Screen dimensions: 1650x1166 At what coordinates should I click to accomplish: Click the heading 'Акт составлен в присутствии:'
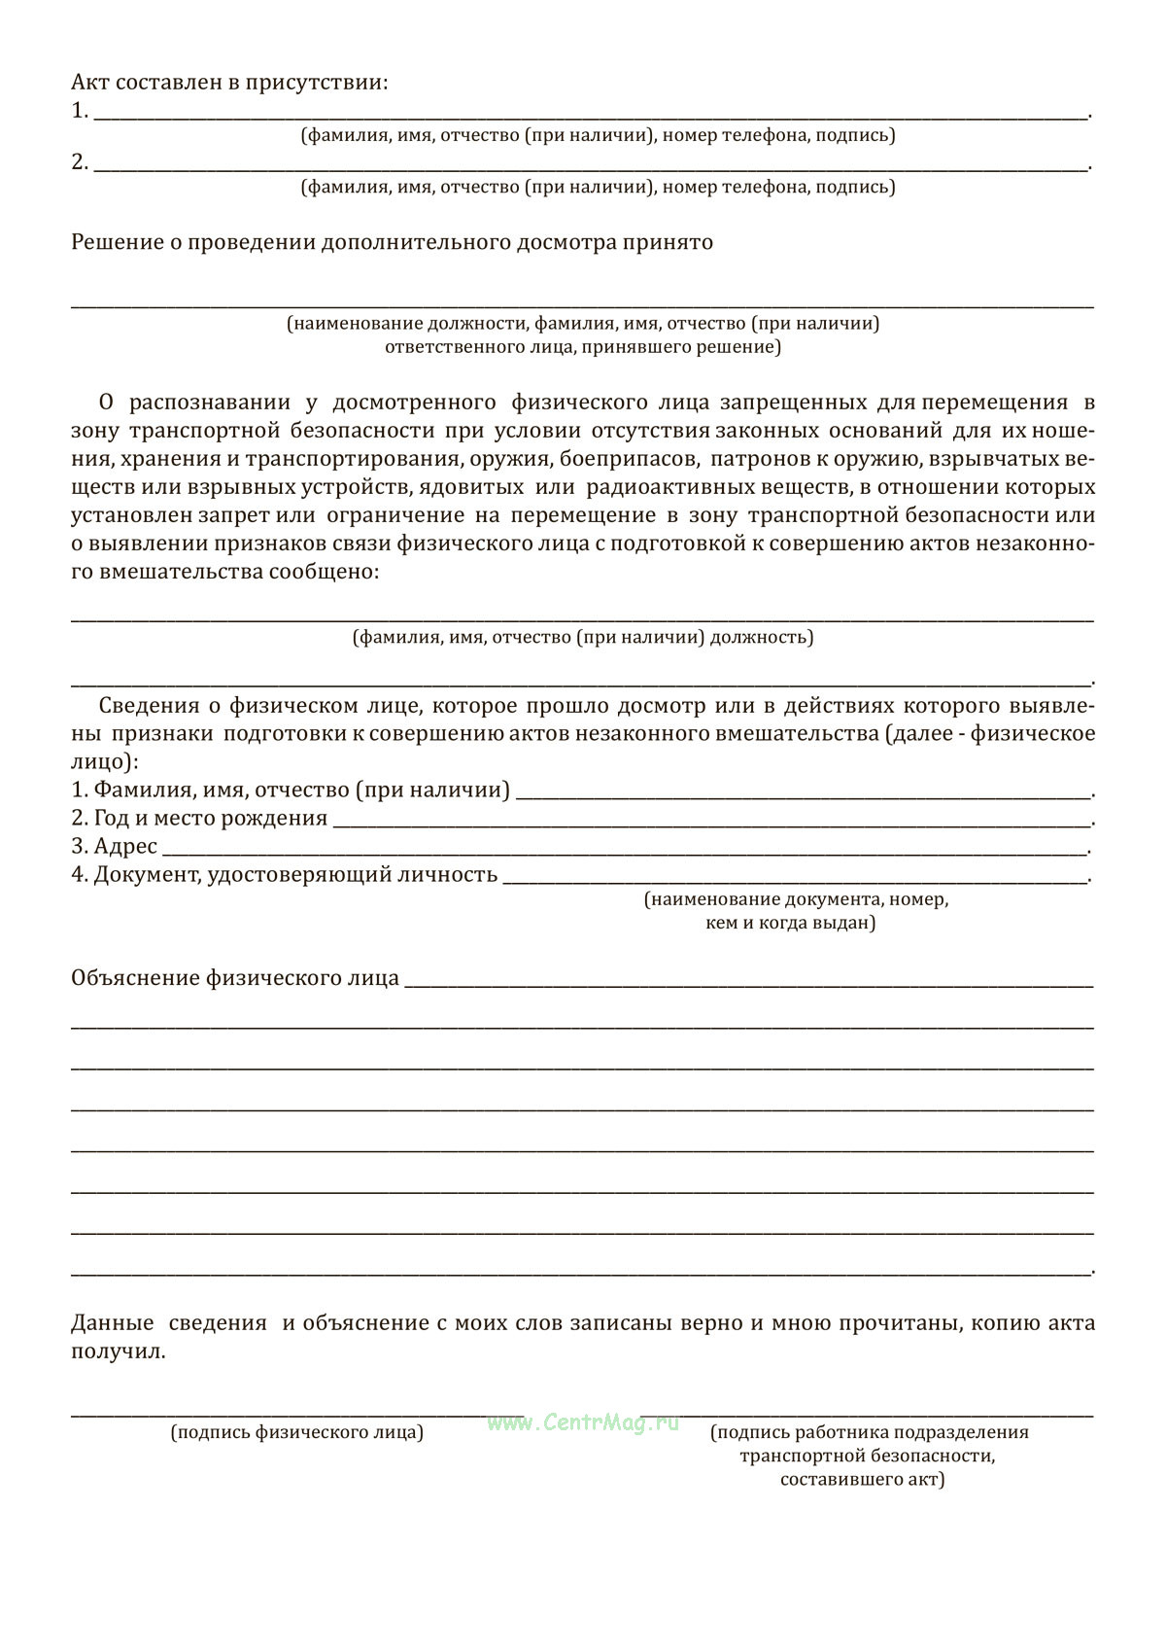point(229,83)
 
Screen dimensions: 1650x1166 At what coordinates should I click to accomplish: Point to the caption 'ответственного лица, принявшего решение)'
point(583,347)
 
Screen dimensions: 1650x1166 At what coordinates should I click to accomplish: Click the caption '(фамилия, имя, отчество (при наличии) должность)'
point(583,638)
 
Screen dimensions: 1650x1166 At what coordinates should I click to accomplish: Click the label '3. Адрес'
point(114,847)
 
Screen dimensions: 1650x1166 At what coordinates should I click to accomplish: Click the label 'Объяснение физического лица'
point(235,978)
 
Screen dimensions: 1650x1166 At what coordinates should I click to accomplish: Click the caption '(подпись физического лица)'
point(297,1433)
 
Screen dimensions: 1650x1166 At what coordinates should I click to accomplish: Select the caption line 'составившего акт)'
point(862,1480)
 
